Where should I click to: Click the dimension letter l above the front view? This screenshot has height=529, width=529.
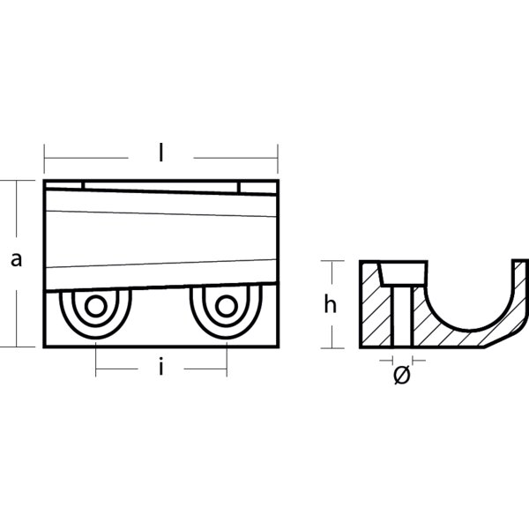tap(161, 153)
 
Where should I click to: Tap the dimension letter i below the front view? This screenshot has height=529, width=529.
tap(161, 369)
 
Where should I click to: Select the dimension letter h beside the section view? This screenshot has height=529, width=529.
tap(330, 304)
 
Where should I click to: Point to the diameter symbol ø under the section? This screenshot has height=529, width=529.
tap(401, 375)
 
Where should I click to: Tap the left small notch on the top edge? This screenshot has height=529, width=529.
tap(84, 184)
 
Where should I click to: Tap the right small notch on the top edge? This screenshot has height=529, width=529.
tap(238, 184)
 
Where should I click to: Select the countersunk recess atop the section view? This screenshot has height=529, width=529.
tap(403, 272)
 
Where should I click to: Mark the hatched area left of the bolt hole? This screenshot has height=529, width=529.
tap(376, 313)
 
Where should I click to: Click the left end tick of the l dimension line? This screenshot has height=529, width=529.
tap(44, 159)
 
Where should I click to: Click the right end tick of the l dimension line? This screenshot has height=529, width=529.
tap(279, 159)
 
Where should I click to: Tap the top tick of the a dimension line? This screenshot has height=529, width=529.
tap(15, 180)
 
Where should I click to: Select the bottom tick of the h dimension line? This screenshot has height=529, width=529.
tap(331, 346)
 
